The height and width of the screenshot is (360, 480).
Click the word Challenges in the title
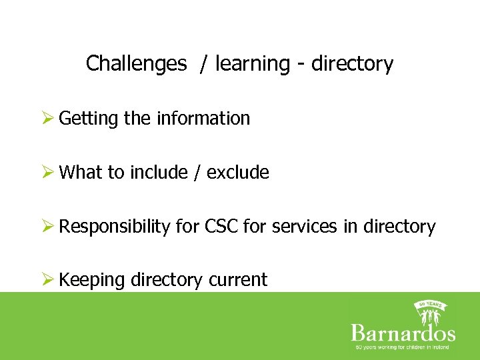(x=137, y=64)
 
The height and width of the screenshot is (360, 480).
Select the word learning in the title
(x=249, y=64)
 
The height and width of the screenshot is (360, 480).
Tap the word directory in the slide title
(x=353, y=64)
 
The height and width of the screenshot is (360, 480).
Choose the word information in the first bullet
(x=203, y=119)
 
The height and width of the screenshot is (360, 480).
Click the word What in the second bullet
(x=81, y=173)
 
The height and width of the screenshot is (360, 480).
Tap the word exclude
(x=238, y=173)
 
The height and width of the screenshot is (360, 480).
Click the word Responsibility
(x=115, y=227)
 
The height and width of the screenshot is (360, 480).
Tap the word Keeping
(x=92, y=281)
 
